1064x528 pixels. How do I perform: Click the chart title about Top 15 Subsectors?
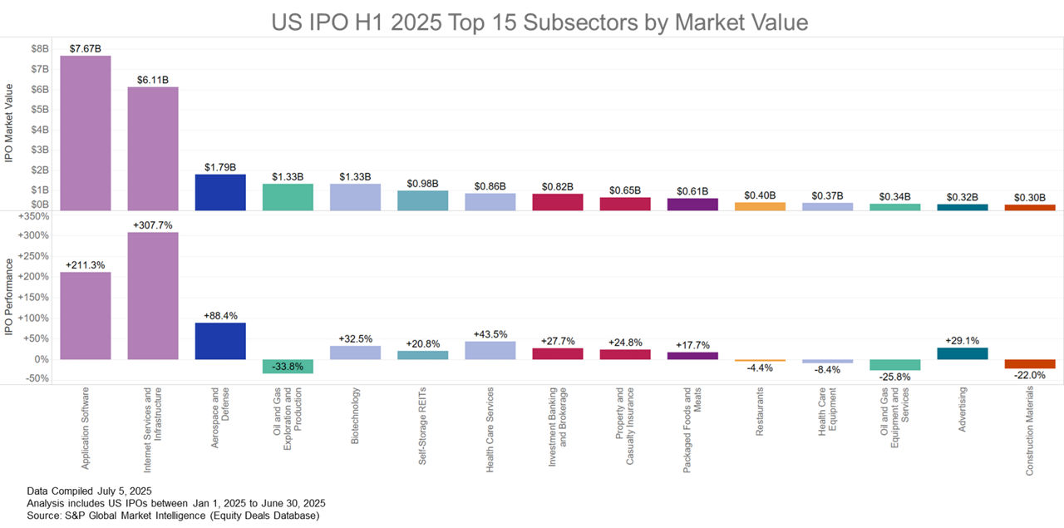[x=539, y=22]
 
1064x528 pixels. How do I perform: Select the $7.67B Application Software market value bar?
[x=85, y=133]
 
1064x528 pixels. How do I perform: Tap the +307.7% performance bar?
[x=152, y=295]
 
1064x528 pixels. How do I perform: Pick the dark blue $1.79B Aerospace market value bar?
[x=220, y=192]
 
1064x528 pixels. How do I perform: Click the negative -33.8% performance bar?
[x=288, y=366]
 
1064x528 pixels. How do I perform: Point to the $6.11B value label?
[x=152, y=80]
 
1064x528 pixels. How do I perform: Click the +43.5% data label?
[x=490, y=334]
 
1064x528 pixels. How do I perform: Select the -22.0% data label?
[x=1029, y=376]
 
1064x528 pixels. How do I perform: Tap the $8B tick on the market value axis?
[x=39, y=49]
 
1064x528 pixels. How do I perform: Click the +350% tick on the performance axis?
[x=34, y=216]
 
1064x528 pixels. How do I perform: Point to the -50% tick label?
[x=37, y=378]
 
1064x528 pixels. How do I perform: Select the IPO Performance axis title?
[x=9, y=297]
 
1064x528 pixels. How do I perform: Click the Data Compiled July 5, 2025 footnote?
[x=84, y=491]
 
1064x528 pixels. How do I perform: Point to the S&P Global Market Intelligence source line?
[x=173, y=516]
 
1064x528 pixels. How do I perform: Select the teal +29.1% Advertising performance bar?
[x=963, y=353]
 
